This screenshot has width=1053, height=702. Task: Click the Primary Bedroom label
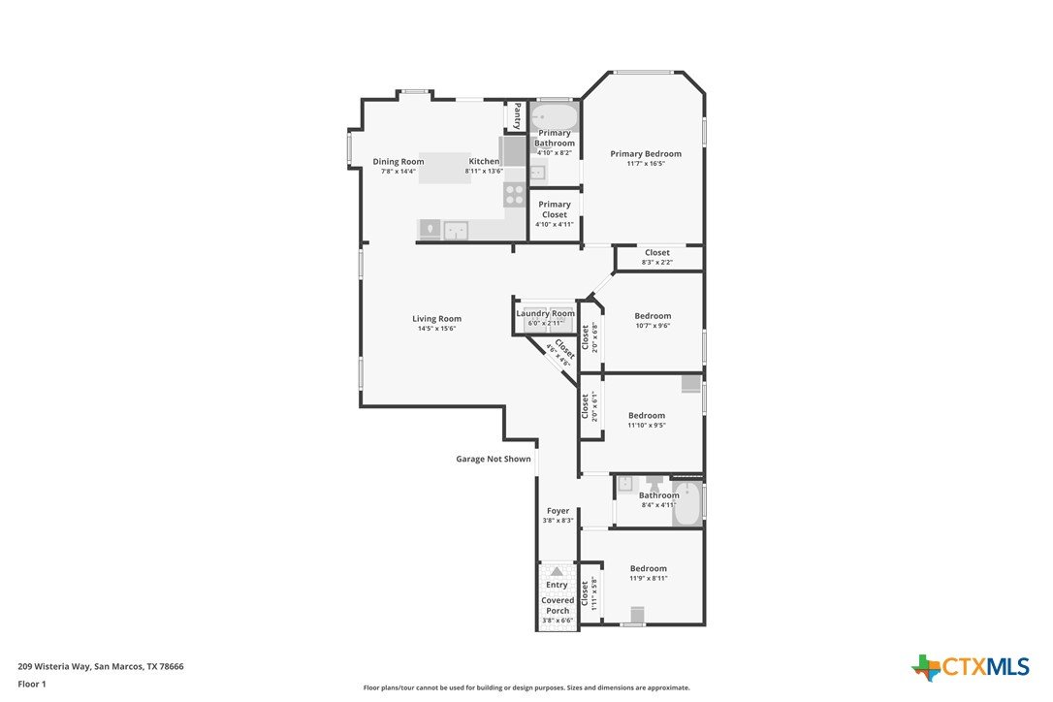coord(646,154)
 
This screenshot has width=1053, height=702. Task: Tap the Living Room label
coord(436,319)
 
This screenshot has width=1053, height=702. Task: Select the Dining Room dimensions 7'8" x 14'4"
coord(399,172)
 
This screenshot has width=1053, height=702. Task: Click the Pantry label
coord(517,115)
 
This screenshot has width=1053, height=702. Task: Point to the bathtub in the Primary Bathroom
coord(554,117)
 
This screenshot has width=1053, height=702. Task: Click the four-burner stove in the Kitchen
coord(515,195)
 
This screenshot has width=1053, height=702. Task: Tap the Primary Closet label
coord(555,209)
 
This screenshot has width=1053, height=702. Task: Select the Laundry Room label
coord(545,314)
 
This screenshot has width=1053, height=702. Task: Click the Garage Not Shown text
coord(494,459)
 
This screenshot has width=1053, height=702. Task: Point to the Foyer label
coord(558,511)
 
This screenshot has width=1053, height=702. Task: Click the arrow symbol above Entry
coord(557,572)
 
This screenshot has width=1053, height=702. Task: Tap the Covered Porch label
coord(558,605)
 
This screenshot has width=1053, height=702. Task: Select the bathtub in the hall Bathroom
coord(686,504)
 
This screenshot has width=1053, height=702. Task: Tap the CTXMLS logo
coord(970,667)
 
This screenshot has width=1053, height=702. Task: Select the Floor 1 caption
coord(32,684)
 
